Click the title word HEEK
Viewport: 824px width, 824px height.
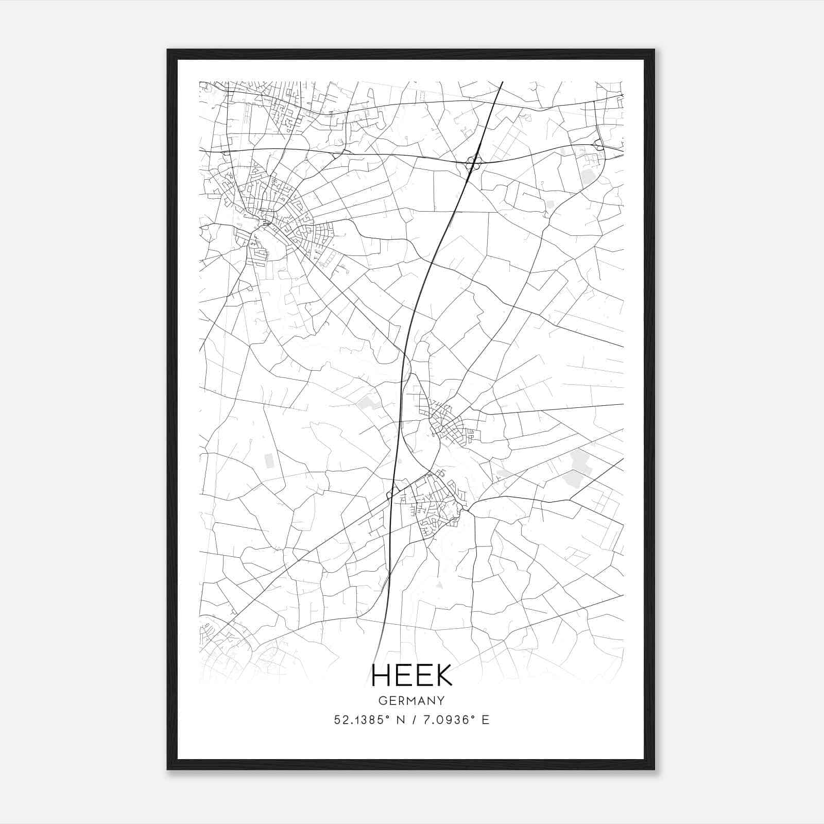(411, 675)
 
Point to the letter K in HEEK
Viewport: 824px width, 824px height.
(443, 675)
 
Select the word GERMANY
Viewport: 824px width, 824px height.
(411, 701)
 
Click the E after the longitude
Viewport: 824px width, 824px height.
(485, 720)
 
